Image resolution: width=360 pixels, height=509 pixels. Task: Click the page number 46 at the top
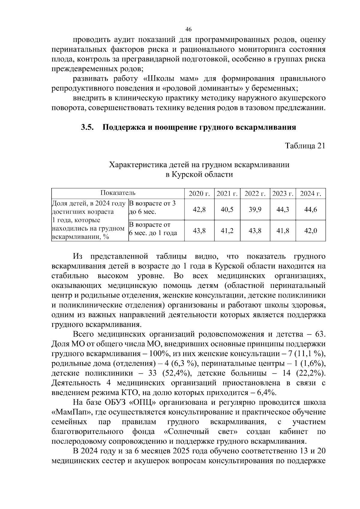[188, 29]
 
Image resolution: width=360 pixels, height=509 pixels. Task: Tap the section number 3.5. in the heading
[88, 127]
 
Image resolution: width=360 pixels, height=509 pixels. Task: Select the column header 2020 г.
[199, 193]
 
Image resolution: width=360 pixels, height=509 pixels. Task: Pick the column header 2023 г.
[283, 193]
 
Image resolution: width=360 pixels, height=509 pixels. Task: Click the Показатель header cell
[118, 193]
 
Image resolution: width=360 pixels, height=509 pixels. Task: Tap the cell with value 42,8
[199, 209]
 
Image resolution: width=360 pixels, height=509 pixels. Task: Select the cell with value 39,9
[255, 209]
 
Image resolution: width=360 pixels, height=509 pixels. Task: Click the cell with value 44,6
[310, 209]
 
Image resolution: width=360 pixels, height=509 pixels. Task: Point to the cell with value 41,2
[227, 231]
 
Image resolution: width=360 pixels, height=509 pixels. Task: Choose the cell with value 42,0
[310, 231]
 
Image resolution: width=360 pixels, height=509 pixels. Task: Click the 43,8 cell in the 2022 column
[255, 231]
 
